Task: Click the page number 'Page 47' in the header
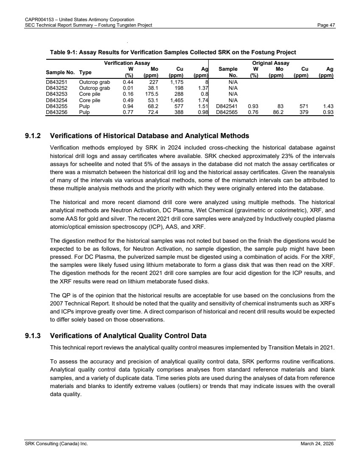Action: coord(326,25)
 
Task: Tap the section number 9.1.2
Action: coord(33,136)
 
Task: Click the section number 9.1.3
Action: coord(33,336)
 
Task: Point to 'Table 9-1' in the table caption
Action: coord(63,53)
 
